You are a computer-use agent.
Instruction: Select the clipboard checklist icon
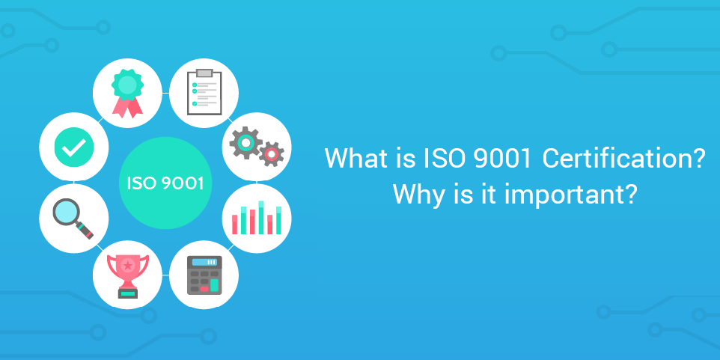tap(204, 92)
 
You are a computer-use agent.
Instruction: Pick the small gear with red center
tap(270, 154)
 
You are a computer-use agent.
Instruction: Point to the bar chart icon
tap(257, 217)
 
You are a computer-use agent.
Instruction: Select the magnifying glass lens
tap(69, 213)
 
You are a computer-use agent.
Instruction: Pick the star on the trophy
tap(127, 264)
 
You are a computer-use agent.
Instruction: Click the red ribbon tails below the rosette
tap(127, 108)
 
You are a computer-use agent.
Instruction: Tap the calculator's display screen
tap(204, 262)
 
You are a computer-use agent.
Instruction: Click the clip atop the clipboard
tap(204, 73)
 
